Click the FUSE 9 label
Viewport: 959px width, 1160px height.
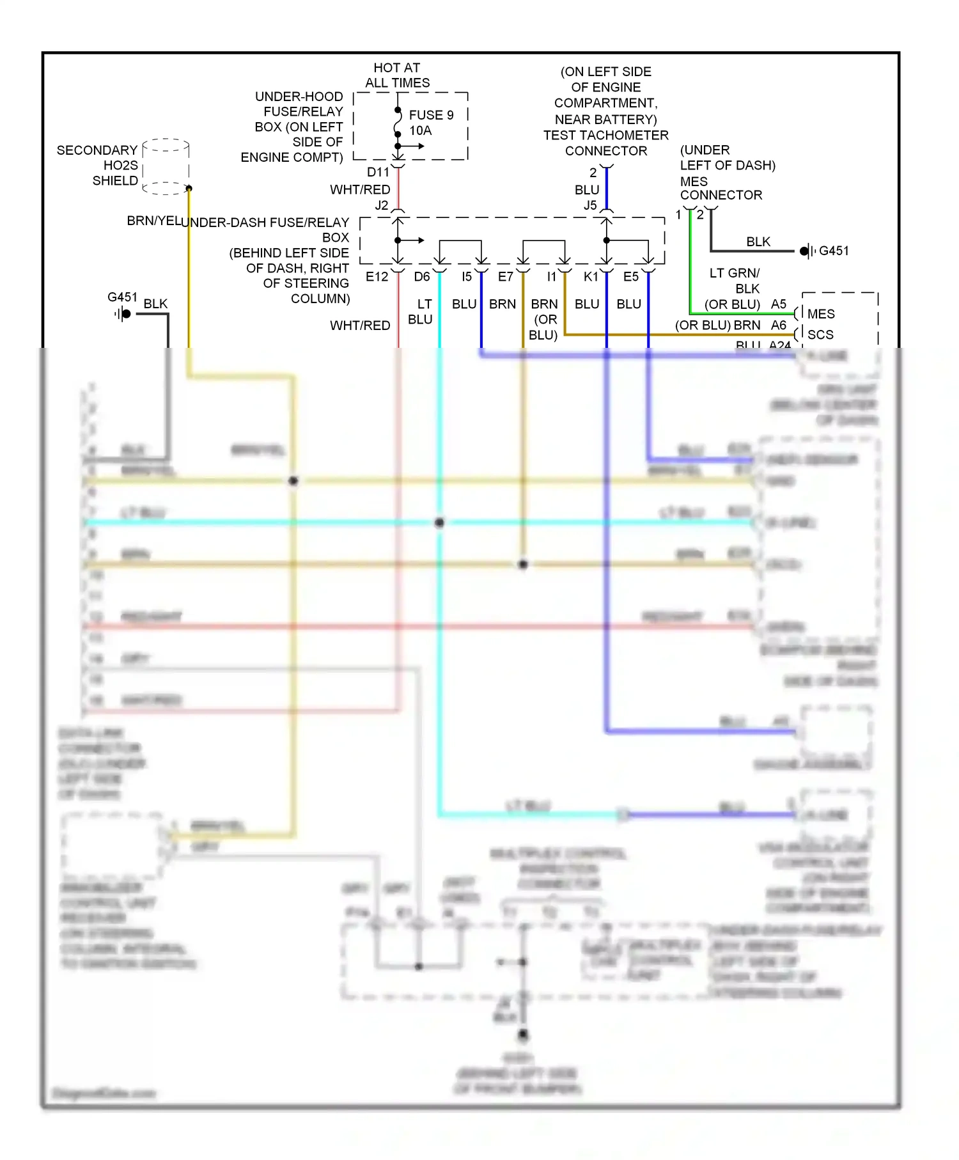tap(431, 115)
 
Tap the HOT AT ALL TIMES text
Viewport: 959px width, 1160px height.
tap(397, 75)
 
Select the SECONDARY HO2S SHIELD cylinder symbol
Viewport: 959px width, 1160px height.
tap(166, 166)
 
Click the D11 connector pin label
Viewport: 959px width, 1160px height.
tap(378, 172)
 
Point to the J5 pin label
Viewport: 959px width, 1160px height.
tap(589, 205)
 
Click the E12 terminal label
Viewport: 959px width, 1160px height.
tap(377, 277)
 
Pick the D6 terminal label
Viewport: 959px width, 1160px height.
tap(422, 277)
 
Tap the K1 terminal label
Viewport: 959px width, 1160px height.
tap(591, 277)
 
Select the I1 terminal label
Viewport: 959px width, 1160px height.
tap(551, 277)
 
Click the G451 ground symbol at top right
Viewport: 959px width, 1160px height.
tap(807, 251)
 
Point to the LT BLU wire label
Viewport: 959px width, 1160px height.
tap(421, 311)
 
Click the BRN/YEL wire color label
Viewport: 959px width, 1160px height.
tap(153, 221)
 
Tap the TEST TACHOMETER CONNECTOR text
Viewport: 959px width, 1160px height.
tap(605, 143)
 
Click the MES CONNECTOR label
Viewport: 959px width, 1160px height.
tap(721, 189)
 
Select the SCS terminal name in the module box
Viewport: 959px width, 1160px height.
tap(820, 334)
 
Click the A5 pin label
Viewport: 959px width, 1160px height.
tap(778, 304)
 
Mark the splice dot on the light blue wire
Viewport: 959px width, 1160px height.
tap(439, 522)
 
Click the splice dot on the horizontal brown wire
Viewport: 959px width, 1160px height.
tap(523, 564)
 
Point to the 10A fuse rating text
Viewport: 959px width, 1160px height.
tap(420, 130)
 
